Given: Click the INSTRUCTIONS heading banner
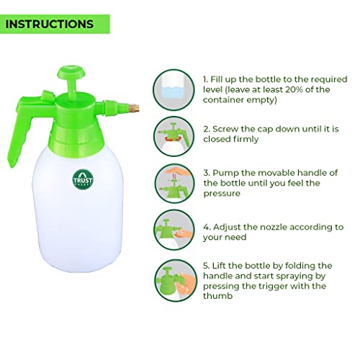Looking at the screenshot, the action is [x=55, y=24].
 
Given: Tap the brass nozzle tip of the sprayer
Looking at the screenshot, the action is [x=135, y=109].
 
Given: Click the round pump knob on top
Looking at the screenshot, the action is [x=71, y=72].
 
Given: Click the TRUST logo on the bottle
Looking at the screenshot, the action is [x=83, y=179].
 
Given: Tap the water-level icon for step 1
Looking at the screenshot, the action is [x=174, y=90].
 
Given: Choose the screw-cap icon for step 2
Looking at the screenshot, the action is [x=174, y=136].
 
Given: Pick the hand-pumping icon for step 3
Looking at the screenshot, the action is [x=174, y=184].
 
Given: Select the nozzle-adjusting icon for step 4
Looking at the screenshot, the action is [x=174, y=230].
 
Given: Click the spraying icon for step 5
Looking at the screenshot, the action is [x=175, y=280].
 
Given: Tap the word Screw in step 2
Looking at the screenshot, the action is [x=225, y=129].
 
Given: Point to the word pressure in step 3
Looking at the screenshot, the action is [x=222, y=194].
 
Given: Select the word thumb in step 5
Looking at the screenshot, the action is [x=218, y=296].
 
